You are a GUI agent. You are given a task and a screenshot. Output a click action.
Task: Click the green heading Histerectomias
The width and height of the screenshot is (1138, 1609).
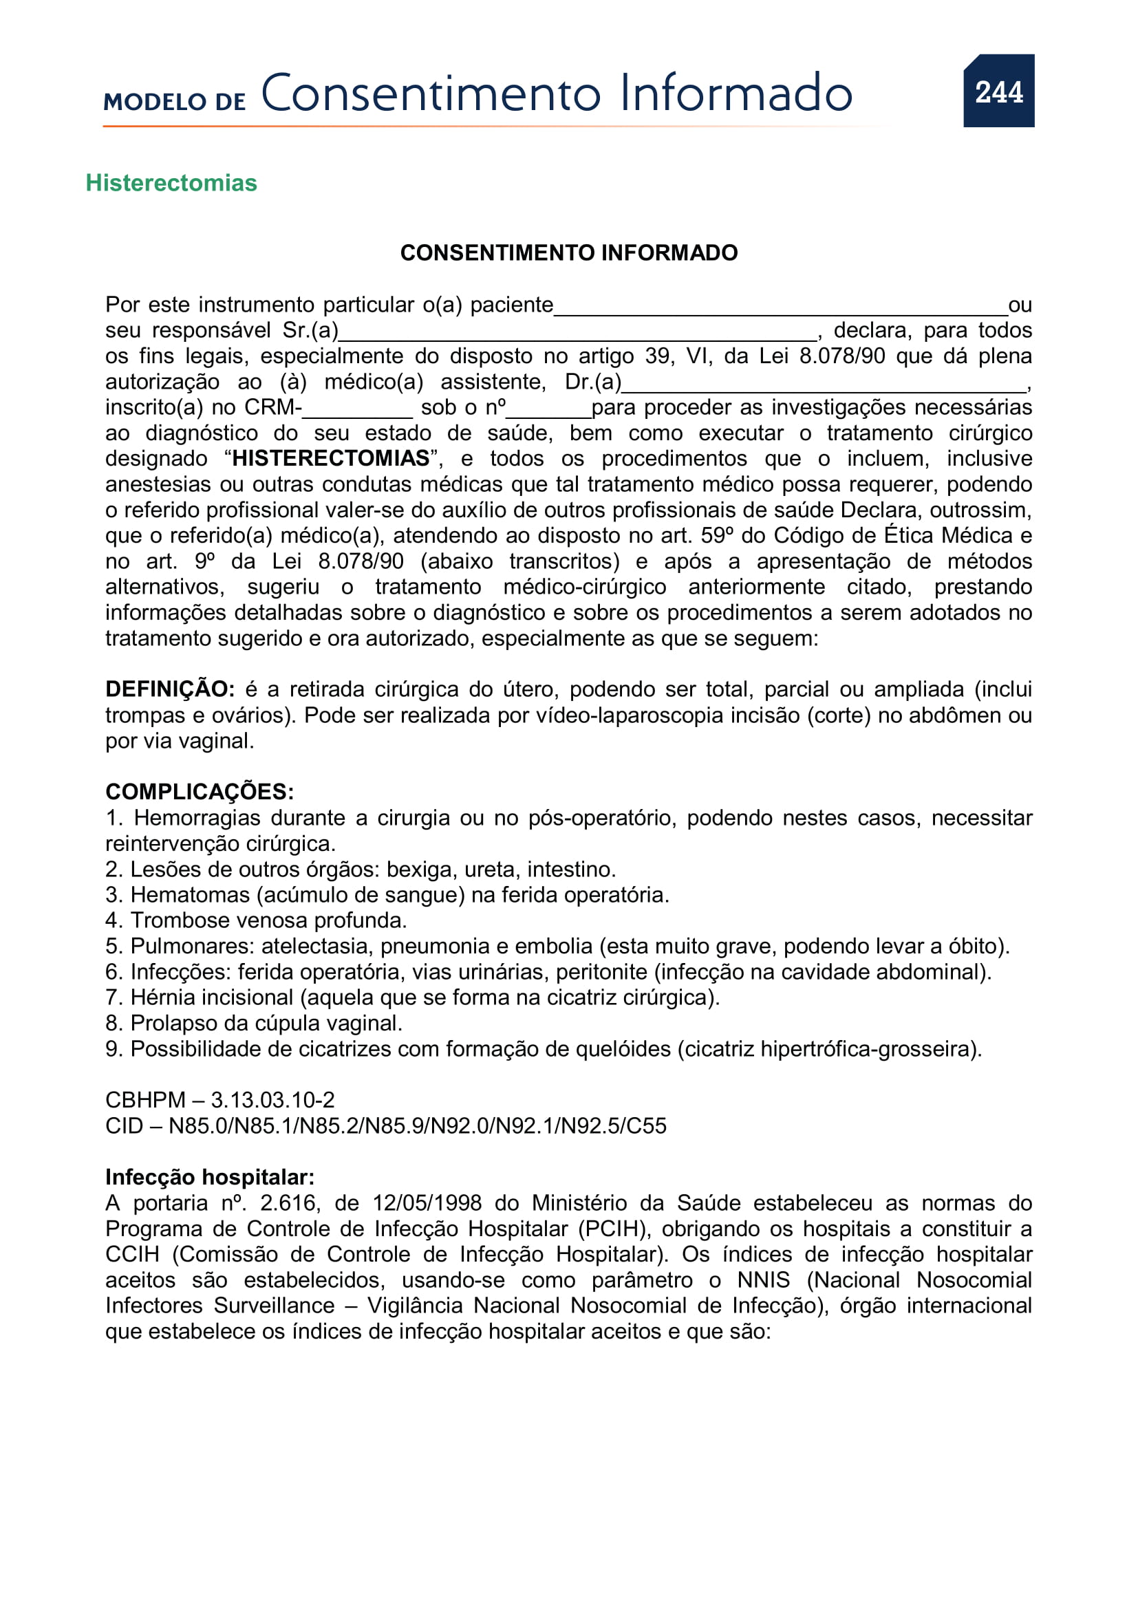[171, 183]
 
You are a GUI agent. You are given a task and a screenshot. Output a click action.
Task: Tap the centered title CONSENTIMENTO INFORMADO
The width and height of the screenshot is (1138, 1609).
[568, 253]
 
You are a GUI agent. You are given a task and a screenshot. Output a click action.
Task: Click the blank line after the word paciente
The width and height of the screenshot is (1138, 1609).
[780, 308]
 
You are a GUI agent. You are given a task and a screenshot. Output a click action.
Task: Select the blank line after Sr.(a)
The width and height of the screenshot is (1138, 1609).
[577, 334]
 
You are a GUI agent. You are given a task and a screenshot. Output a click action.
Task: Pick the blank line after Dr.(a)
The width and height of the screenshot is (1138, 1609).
[824, 385]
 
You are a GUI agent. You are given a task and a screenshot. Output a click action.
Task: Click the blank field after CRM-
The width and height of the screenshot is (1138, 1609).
[357, 411]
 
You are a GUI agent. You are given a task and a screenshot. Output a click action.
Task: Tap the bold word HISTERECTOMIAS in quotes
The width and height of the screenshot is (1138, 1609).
[331, 458]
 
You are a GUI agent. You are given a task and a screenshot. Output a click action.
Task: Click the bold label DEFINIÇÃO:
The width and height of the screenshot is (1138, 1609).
[169, 689]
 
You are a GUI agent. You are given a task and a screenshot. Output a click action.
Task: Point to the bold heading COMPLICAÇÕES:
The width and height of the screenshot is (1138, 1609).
[200, 792]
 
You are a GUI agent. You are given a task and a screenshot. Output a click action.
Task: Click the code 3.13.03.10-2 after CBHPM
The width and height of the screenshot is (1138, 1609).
[272, 1100]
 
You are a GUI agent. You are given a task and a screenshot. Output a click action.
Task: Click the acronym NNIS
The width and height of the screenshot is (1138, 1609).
[763, 1280]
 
